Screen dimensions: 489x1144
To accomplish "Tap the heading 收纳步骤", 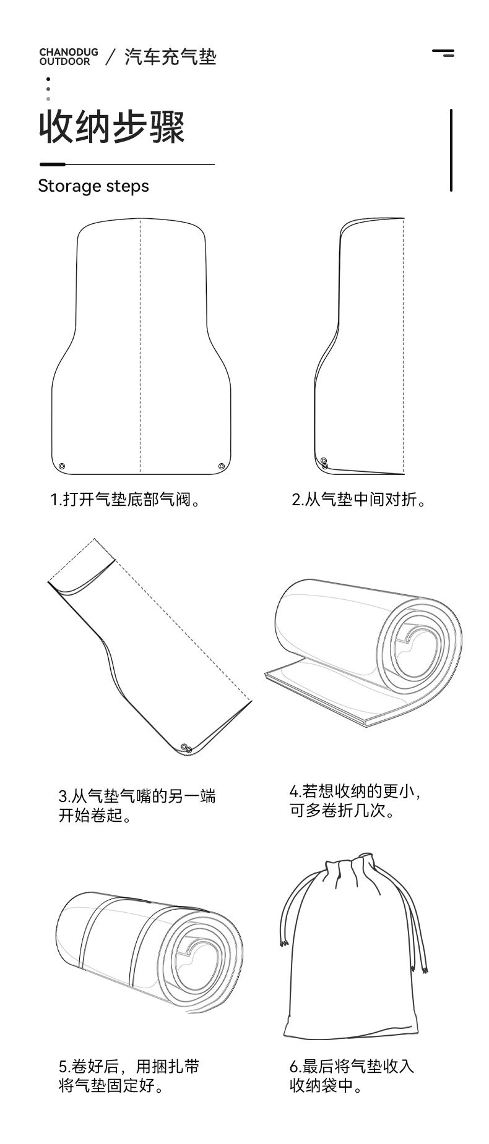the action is click(x=112, y=128).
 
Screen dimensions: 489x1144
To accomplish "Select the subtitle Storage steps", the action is click(x=93, y=186).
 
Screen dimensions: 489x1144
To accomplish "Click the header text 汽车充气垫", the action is click(x=170, y=58).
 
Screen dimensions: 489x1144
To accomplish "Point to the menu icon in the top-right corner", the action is click(x=443, y=53).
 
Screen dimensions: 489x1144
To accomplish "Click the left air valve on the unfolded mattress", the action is click(x=62, y=466).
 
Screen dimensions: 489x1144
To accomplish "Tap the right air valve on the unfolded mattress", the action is click(x=222, y=466).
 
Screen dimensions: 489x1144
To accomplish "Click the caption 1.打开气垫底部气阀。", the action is click(x=127, y=499).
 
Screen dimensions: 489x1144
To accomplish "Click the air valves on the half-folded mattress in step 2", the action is click(x=324, y=463).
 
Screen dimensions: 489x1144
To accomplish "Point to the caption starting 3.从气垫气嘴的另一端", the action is click(x=137, y=805).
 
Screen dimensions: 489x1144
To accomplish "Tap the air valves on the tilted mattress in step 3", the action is click(x=186, y=748).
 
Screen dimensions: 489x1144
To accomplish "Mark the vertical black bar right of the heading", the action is click(x=451, y=150).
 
